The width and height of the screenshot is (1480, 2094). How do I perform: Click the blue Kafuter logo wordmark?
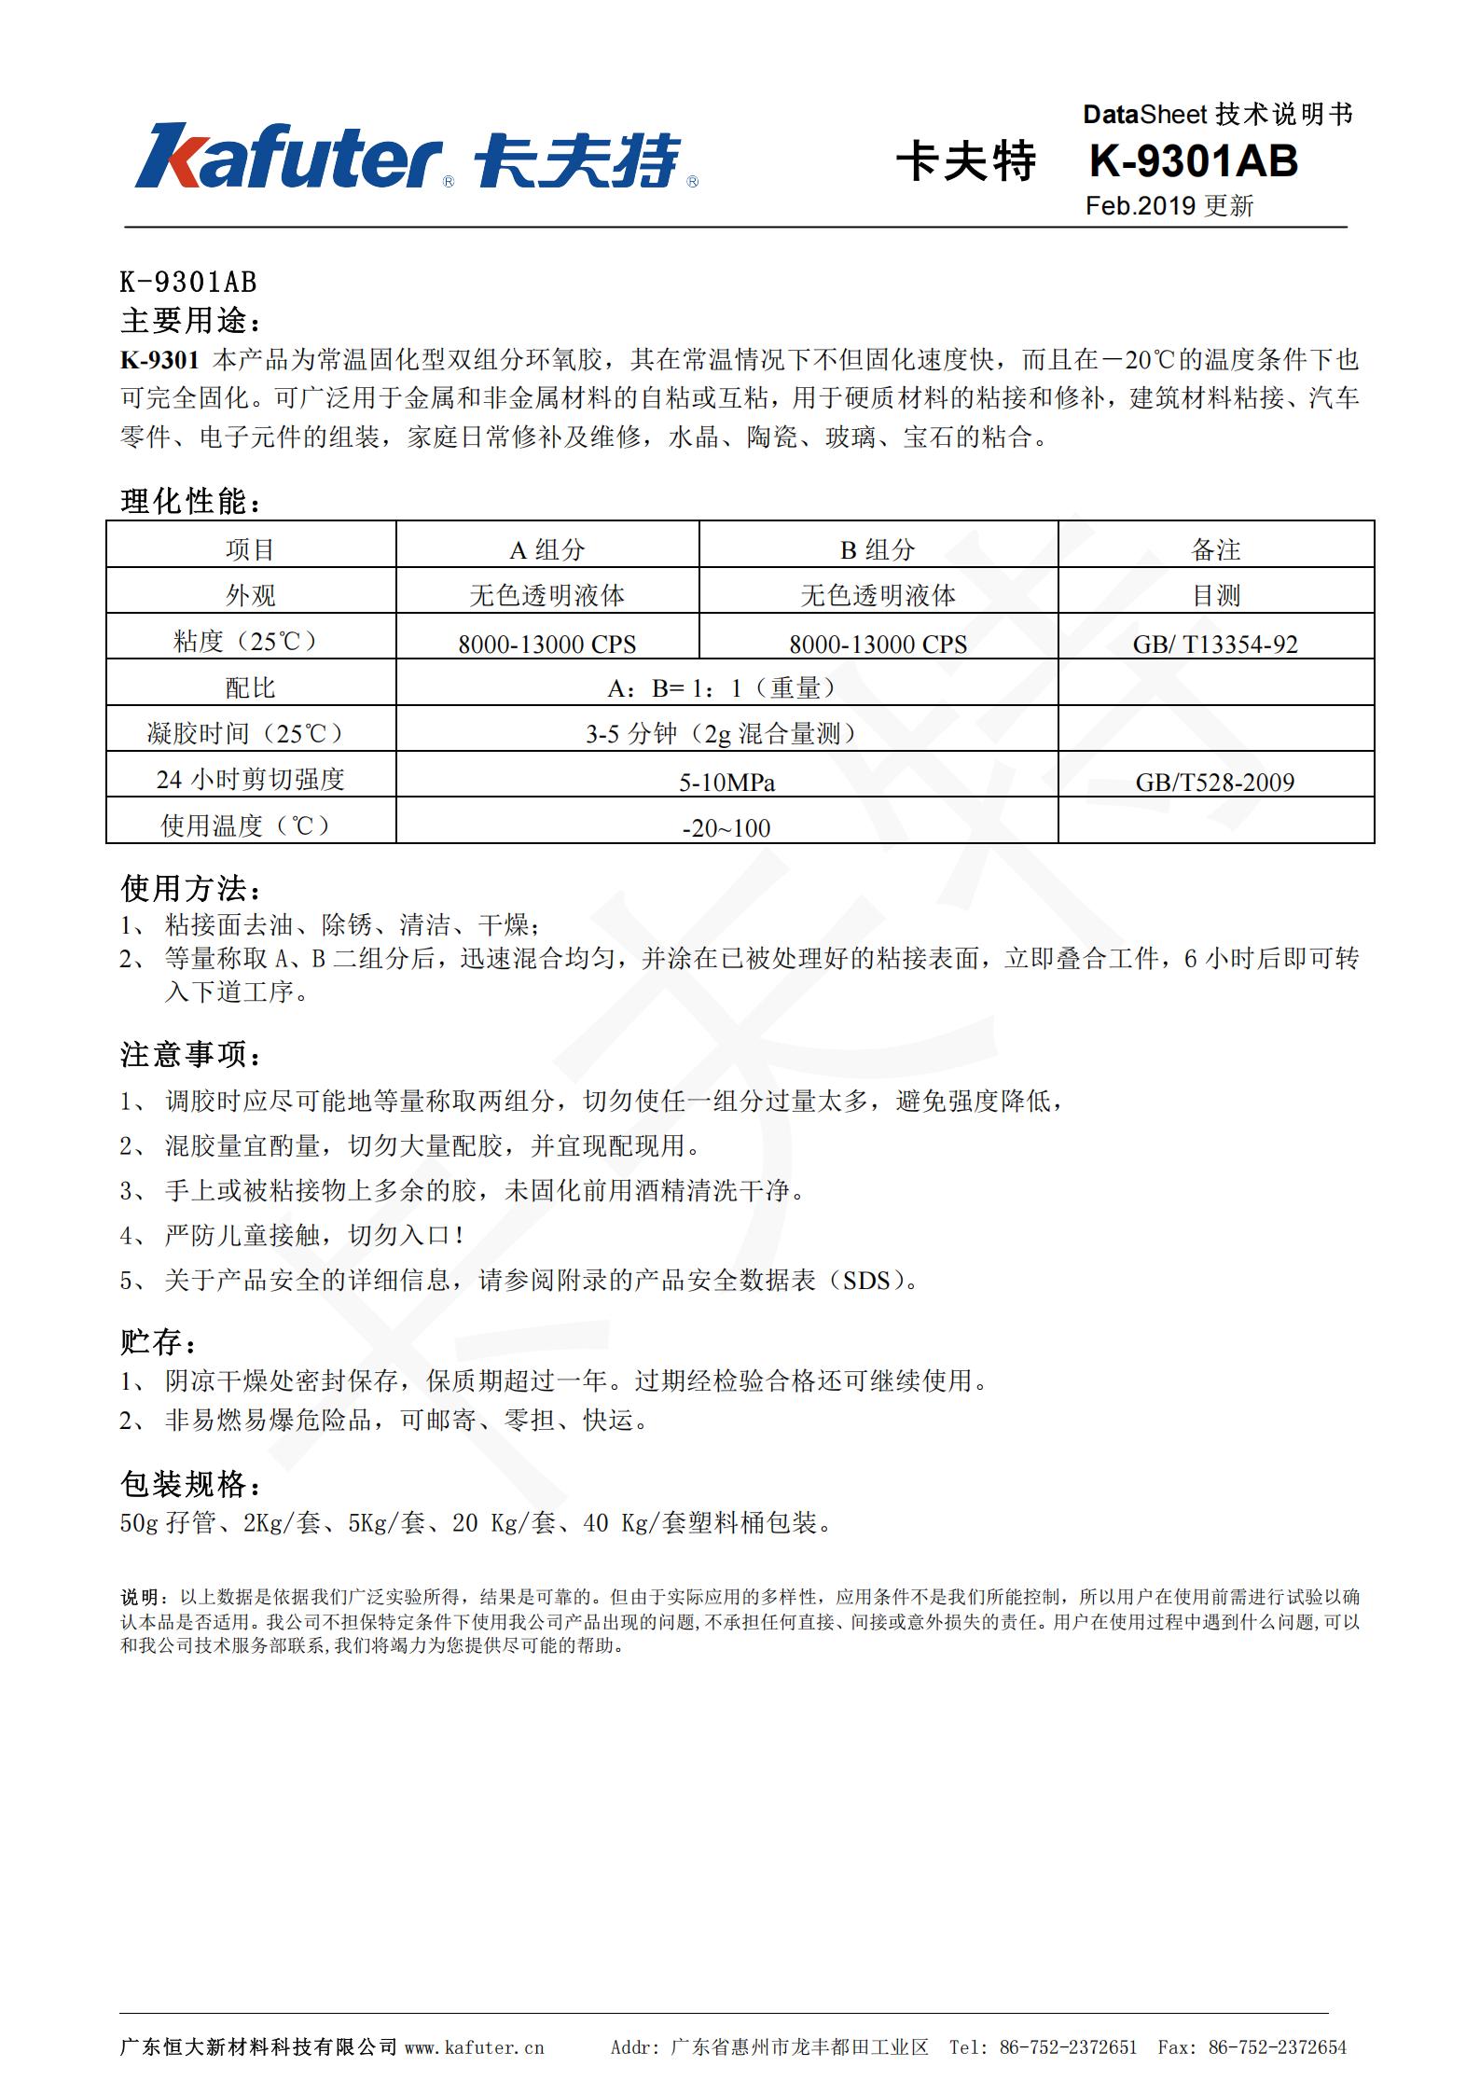tap(289, 157)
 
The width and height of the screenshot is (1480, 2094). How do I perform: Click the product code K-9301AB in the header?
tap(1193, 160)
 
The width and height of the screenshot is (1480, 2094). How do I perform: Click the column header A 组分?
tap(546, 549)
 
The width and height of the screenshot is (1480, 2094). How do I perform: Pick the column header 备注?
tap(1215, 549)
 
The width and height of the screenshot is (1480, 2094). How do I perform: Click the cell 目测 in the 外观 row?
tap(1215, 595)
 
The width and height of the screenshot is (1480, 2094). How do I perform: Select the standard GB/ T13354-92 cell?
tap(1215, 644)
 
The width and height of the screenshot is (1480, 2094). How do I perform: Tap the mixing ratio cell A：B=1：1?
tap(726, 687)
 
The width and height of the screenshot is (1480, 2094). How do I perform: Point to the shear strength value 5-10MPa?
tap(726, 782)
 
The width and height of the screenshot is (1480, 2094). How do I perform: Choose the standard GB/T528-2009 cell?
tap(1215, 782)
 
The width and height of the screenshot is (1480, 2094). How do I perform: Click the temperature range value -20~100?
tap(726, 827)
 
